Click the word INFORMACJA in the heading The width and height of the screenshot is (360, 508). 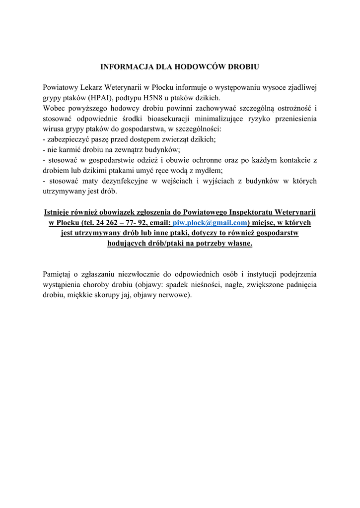pos(123,65)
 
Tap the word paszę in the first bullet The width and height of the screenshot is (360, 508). pos(105,140)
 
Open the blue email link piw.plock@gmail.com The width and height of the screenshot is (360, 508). pos(210,223)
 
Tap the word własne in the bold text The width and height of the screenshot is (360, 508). pos(239,244)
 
